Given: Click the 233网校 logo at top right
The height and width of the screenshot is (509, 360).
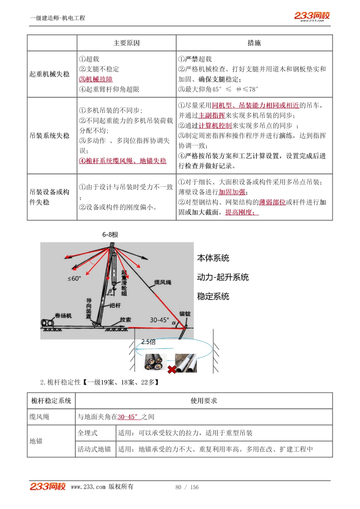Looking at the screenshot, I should [312, 16].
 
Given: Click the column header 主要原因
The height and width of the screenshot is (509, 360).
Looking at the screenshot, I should [126, 43].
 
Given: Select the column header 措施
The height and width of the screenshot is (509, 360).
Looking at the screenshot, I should [254, 43].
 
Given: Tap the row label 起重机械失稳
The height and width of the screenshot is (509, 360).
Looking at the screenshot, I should [50, 74].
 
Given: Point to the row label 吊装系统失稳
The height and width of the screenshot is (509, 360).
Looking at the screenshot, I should [50, 136].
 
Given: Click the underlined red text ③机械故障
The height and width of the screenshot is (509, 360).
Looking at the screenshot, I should [96, 79].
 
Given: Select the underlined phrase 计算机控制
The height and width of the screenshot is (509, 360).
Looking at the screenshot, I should [215, 126].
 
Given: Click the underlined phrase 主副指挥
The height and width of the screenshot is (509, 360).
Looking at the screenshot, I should [212, 115].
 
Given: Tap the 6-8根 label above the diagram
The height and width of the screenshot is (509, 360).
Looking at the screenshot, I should [110, 235].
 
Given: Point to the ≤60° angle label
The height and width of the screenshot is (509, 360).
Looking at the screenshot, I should [74, 278].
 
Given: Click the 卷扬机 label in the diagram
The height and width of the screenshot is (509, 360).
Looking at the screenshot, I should [63, 315].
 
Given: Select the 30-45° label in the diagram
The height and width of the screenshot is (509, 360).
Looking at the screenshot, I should [159, 320].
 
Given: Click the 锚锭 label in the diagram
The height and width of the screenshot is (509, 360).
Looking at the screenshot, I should [185, 314].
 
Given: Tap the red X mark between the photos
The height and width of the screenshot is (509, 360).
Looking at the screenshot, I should [172, 369].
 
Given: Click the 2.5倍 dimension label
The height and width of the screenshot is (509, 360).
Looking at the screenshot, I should [148, 342].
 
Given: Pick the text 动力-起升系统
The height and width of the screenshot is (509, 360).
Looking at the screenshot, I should [223, 277].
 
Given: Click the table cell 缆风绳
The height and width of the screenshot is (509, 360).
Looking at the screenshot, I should [39, 417].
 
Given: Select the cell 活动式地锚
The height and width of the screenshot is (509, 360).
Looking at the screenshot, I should [94, 449].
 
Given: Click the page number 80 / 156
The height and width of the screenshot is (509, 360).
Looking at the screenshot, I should [187, 487].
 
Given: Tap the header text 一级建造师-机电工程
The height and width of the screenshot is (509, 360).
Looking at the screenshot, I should [58, 18].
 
